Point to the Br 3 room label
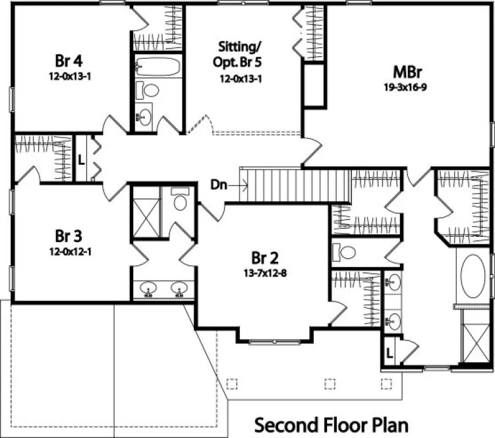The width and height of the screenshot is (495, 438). [x=69, y=235]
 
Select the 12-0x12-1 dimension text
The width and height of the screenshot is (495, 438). [x=69, y=251]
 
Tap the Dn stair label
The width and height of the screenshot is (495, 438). [x=219, y=185]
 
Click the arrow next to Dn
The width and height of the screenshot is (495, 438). [x=237, y=185]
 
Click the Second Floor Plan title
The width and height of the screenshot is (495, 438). [x=331, y=423]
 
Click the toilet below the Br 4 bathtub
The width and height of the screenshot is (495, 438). [x=152, y=90]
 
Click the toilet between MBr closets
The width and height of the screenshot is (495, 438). [x=345, y=251]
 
